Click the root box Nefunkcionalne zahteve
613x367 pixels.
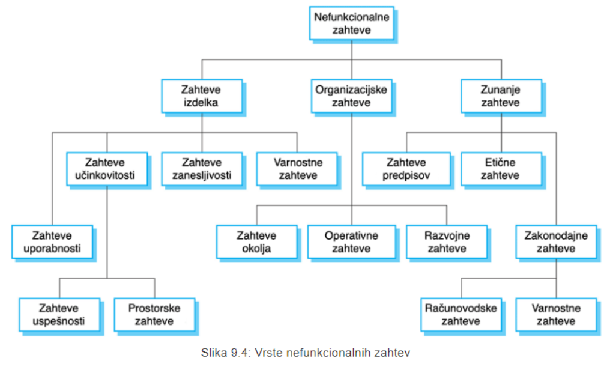[352, 23]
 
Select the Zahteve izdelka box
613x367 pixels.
[201, 96]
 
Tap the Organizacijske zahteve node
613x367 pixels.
[352, 96]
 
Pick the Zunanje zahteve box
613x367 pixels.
[501, 96]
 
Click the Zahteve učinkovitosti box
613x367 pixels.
[107, 169]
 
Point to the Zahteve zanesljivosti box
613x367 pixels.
[201, 169]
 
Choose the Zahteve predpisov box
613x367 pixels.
[406, 169]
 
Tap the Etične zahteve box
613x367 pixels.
[500, 169]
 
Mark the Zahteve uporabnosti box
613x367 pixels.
[52, 242]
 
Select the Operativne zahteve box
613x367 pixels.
[352, 242]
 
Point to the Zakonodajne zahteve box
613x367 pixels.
[556, 242]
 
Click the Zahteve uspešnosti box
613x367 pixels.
[59, 315]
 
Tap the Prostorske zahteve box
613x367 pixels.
[154, 315]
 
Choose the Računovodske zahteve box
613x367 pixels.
[461, 315]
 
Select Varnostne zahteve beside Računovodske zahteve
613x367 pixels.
[556, 315]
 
